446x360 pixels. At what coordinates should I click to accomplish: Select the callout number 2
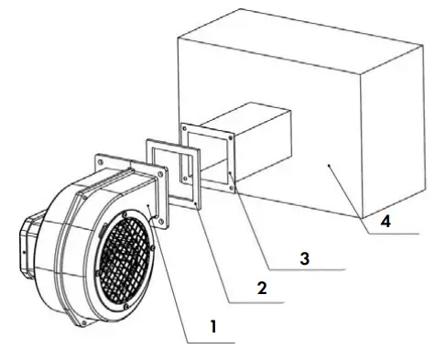coord(262,288)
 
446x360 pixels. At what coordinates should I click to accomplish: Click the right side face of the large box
coord(394,137)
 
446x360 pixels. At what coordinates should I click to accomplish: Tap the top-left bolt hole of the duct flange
coord(186,127)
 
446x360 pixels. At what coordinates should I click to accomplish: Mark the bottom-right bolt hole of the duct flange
coord(231,188)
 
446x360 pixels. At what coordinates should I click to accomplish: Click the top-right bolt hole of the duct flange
coord(229,137)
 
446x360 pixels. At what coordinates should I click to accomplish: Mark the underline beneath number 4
coord(394,234)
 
